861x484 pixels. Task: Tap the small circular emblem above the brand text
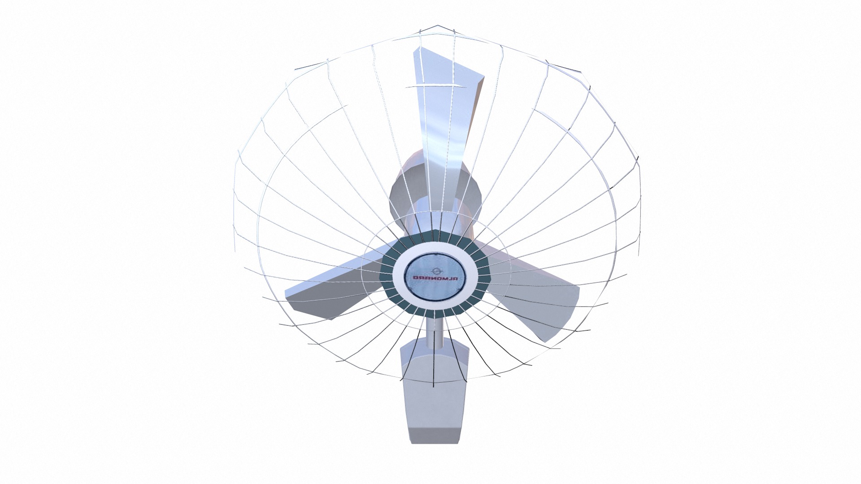tap(435, 270)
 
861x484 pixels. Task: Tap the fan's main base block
tap(434, 394)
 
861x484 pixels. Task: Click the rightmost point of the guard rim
tap(640, 206)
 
